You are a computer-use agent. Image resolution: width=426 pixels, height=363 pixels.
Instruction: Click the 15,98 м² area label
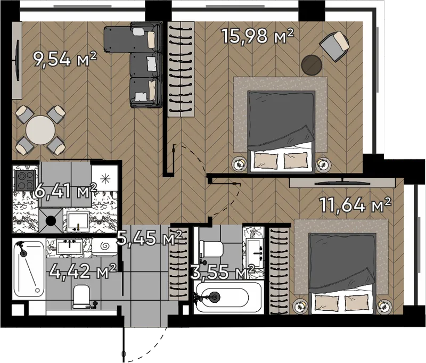(x=258, y=36)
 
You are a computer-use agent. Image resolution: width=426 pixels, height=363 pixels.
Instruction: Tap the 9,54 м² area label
(x=64, y=60)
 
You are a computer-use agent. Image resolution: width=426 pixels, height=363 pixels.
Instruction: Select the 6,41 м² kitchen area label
(x=65, y=191)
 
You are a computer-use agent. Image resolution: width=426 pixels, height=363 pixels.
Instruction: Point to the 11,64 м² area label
(x=356, y=204)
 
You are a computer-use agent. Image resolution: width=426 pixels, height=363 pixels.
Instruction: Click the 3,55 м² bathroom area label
(x=222, y=273)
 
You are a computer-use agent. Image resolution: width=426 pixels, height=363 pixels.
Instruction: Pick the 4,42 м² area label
(x=83, y=271)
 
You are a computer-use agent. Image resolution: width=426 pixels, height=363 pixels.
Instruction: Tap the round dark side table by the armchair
(x=312, y=64)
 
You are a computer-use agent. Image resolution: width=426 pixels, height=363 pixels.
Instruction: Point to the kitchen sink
(x=78, y=221)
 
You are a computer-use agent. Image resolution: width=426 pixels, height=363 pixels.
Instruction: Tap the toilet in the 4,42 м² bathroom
(x=81, y=296)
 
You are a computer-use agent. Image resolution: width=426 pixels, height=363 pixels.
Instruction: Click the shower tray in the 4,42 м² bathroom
(x=29, y=268)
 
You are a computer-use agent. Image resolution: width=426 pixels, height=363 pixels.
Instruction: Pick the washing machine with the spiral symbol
(x=104, y=247)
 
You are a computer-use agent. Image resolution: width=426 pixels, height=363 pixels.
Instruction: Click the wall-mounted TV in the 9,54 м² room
(x=18, y=60)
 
